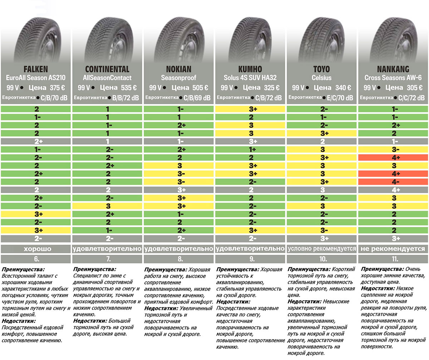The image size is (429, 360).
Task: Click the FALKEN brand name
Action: coord(36,69)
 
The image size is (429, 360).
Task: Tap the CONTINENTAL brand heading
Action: coord(107,69)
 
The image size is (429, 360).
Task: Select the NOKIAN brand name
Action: coord(179,69)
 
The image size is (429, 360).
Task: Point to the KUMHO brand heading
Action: coord(250,69)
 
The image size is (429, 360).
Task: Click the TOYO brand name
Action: coord(321,69)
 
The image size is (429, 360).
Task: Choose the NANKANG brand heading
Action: coord(393,69)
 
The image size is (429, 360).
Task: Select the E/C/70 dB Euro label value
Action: coord(340,98)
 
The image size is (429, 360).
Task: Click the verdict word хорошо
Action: coord(36,249)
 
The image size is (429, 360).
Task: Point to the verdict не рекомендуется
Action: coord(393,249)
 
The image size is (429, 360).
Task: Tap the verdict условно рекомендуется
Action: coord(321,249)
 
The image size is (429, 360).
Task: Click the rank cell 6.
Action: coord(36,259)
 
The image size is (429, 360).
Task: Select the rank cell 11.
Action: coord(393,259)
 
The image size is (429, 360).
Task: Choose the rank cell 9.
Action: coord(250,259)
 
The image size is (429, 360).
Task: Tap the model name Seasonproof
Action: coord(179,78)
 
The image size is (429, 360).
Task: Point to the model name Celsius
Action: coord(321,78)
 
